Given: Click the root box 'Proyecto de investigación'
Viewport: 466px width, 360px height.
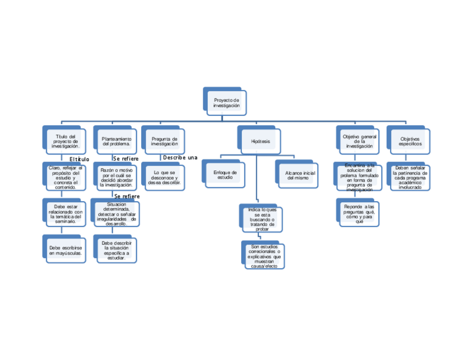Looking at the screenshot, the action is point(226,103).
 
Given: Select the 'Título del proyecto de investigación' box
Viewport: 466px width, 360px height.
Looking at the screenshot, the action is point(66,142).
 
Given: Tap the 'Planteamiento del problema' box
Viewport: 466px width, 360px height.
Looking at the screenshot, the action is point(116,142).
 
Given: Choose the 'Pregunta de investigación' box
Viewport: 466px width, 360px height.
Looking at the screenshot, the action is point(165,142).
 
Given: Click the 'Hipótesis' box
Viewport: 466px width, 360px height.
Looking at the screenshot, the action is point(260,141).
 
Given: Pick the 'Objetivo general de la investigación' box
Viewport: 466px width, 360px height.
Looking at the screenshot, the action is point(359,142).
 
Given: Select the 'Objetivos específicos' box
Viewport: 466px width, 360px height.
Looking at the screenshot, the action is point(410,142).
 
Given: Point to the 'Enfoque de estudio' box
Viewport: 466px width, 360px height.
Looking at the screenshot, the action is point(225,175).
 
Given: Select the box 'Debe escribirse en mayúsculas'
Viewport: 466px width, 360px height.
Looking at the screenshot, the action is point(65,251).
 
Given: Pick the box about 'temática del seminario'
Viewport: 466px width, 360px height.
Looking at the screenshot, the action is point(65,214).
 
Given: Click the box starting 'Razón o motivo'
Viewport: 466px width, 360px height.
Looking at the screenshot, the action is point(118,178).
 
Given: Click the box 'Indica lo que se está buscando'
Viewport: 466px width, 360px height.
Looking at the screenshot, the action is point(262,219).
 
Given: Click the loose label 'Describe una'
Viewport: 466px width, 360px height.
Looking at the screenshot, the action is point(180,158).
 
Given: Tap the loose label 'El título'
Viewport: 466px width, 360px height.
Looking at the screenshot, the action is point(79,159).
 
